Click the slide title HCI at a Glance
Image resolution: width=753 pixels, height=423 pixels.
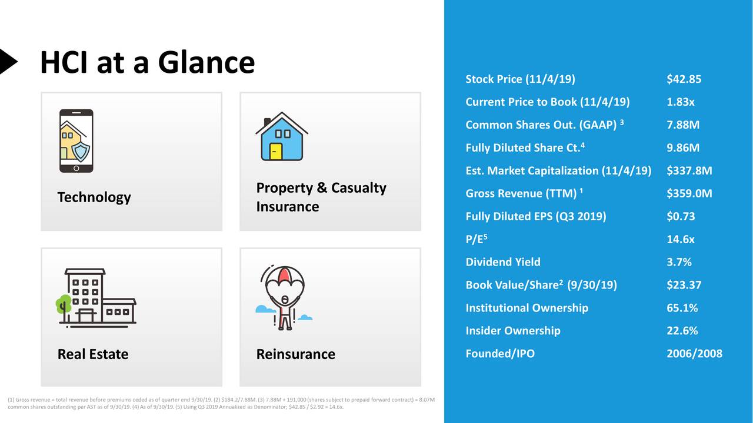click(147, 62)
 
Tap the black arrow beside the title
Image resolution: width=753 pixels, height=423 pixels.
click(8, 61)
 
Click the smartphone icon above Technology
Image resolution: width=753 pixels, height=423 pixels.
click(76, 141)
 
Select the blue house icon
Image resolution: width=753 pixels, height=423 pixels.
click(281, 137)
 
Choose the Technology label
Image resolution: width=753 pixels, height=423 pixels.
click(94, 197)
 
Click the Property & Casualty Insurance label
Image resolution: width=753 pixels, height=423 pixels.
click(321, 197)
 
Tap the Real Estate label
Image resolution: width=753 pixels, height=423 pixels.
click(92, 354)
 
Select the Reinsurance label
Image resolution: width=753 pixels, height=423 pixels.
click(295, 354)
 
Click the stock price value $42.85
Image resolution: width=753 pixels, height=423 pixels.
click(684, 79)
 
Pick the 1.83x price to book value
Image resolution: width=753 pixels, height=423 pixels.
click(680, 102)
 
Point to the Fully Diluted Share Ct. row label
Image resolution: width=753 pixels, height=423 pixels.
click(524, 148)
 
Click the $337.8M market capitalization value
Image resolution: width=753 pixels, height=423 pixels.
click(689, 171)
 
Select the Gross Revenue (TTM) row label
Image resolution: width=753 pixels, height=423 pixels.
click(524, 194)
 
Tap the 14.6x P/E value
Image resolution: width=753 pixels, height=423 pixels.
click(680, 240)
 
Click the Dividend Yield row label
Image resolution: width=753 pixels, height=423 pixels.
click(502, 262)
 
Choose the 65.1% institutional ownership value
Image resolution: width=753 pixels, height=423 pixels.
click(682, 308)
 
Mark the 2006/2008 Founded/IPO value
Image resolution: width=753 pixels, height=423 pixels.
click(694, 354)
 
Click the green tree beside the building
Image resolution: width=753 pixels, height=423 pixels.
click(63, 305)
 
